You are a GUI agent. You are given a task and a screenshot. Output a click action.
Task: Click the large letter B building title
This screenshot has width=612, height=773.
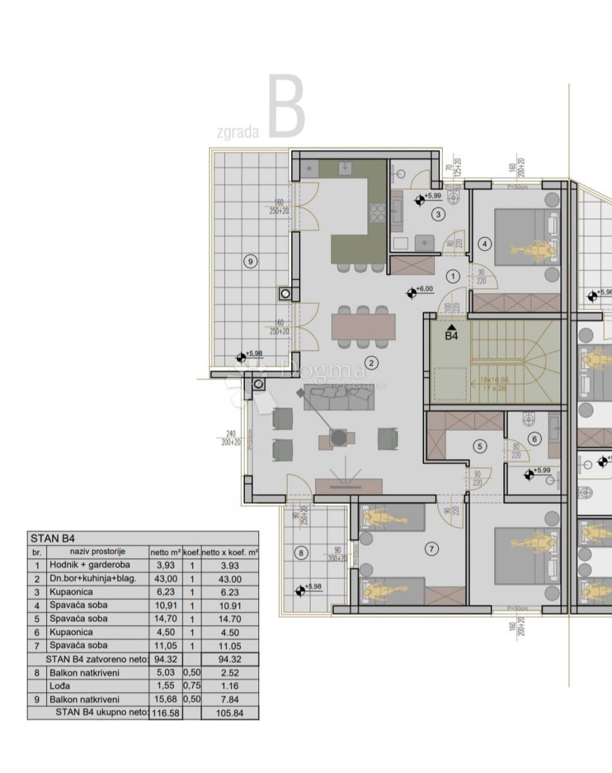tap(286, 108)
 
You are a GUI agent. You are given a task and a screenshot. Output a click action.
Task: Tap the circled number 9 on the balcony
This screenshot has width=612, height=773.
tap(251, 261)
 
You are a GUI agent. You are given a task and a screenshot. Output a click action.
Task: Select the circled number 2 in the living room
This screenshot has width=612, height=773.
tap(371, 363)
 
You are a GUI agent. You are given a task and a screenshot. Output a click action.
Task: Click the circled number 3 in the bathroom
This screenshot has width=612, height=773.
tap(439, 215)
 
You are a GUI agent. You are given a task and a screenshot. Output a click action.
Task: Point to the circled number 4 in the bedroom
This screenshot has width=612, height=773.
tap(485, 243)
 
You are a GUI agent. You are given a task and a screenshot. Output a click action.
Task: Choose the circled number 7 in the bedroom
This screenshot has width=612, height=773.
tap(431, 549)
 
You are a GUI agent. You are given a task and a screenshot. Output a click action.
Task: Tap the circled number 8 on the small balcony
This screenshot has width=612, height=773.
tap(299, 552)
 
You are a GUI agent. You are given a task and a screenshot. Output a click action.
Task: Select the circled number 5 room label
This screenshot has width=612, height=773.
tap(479, 445)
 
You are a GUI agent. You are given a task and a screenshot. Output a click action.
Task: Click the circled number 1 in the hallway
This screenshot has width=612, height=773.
tap(452, 276)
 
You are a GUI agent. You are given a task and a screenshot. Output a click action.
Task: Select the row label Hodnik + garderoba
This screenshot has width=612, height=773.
tap(89, 565)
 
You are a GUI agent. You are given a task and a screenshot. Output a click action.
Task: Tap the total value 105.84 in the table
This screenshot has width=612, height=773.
tap(229, 712)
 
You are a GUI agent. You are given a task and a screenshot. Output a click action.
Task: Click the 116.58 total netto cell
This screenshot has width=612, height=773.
tap(166, 712)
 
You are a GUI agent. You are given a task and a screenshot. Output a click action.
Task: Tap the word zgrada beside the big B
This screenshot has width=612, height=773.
tap(238, 133)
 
